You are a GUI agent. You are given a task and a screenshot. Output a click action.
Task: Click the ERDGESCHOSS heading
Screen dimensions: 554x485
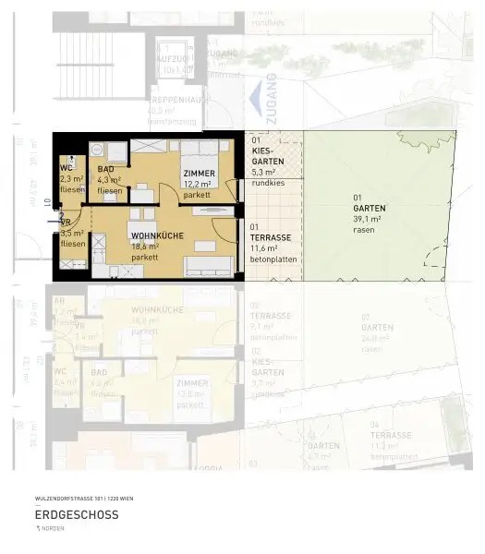[x=77, y=514]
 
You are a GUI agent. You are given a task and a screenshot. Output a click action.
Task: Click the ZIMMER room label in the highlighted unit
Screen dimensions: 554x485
[x=199, y=175]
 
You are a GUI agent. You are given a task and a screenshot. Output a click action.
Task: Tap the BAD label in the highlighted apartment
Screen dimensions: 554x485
[x=105, y=170]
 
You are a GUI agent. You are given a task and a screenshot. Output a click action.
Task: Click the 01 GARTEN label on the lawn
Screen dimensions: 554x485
[x=369, y=203]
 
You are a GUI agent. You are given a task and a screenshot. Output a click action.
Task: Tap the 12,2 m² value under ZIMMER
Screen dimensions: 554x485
[x=199, y=185]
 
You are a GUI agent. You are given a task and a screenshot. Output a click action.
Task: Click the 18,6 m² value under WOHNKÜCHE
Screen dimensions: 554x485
[x=146, y=247]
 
